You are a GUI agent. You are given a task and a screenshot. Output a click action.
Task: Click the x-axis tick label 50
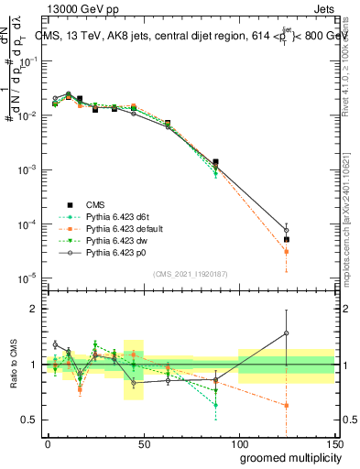coord(143,442)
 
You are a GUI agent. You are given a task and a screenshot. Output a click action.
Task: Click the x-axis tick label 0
coord(48,442)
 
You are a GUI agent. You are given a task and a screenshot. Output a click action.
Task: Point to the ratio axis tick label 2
coord(32,310)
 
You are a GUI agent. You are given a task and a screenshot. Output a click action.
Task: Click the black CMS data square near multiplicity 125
coord(287,240)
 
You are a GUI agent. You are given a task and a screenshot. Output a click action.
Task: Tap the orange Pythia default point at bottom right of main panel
coord(287,251)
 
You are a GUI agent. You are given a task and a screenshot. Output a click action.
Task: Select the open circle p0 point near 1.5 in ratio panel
coord(287,333)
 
